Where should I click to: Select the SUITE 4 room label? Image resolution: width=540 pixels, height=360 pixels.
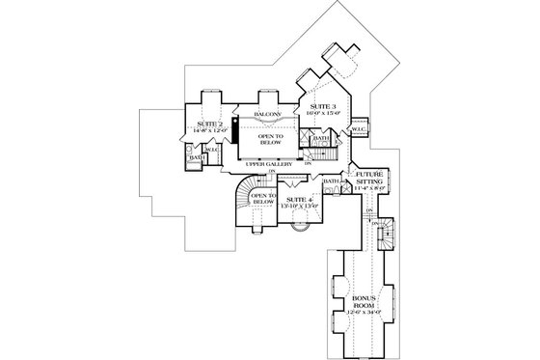pyautogui.click(x=297, y=198)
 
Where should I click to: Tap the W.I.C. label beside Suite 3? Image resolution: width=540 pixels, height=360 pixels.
pyautogui.click(x=358, y=128)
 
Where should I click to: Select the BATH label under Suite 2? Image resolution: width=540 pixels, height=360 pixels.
pyautogui.click(x=194, y=156)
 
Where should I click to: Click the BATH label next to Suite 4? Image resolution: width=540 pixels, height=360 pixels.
pyautogui.click(x=331, y=181)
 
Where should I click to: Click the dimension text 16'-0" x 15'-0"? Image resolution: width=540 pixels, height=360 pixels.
pyautogui.click(x=322, y=113)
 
